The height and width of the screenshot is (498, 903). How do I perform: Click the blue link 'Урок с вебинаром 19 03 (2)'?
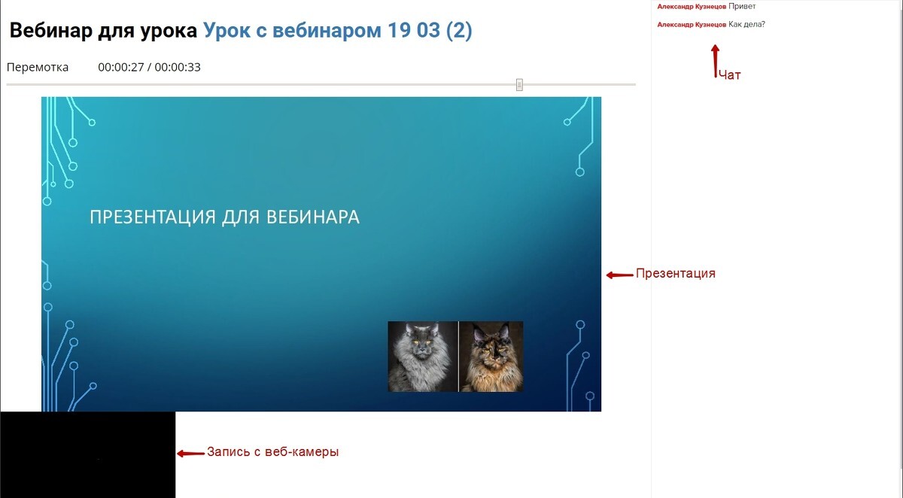337,31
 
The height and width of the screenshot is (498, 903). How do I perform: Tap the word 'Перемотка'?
38,67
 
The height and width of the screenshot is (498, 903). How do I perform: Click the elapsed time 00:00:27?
121,67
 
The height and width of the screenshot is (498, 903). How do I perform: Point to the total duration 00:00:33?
178,67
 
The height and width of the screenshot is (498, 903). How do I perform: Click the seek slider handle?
519,84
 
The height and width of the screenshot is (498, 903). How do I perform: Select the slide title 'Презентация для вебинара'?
224,217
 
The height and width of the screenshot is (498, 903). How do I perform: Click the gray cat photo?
422,357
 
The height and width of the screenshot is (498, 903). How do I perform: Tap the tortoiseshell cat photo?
491,357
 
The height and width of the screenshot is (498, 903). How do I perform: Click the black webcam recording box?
88,454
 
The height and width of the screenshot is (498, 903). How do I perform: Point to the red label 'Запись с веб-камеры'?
273,452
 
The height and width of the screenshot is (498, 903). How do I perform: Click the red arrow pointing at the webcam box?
190,454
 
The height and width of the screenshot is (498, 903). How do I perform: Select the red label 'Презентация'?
676,274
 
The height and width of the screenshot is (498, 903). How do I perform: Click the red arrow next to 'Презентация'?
619,275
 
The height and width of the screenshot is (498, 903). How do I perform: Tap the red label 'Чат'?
730,75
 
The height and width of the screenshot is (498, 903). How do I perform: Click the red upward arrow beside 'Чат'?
715,61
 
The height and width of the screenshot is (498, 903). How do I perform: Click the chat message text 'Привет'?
742,7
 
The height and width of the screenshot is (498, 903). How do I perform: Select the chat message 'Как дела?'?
746,25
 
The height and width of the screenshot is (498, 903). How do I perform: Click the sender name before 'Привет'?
692,7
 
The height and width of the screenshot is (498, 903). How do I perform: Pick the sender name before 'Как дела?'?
692,25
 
